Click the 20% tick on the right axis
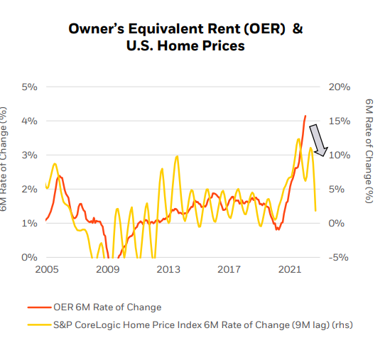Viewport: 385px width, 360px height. click(x=339, y=87)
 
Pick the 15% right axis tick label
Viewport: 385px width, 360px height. click(x=339, y=121)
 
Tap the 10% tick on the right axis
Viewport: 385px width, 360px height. click(x=339, y=155)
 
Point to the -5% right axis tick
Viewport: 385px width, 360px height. click(x=339, y=257)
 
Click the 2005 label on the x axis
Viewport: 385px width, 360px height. click(x=47, y=270)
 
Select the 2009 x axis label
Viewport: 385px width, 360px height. click(x=107, y=270)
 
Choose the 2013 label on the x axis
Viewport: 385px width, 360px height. click(x=168, y=270)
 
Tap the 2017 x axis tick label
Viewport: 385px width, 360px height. click(x=229, y=270)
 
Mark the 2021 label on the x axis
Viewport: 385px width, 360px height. click(x=290, y=270)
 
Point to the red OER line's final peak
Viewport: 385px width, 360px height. click(x=305, y=116)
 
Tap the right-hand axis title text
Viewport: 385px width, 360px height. click(x=369, y=151)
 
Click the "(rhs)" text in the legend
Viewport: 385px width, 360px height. click(x=340, y=325)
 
